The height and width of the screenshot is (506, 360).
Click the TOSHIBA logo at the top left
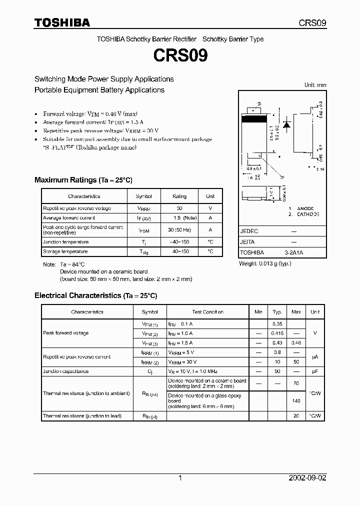point(62,22)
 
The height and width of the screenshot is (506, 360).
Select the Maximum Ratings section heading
point(83,180)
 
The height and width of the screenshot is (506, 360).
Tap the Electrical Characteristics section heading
point(95,295)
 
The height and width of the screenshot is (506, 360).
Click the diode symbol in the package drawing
point(286,124)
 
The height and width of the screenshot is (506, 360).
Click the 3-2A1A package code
point(293,252)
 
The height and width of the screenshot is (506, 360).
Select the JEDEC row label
point(249,231)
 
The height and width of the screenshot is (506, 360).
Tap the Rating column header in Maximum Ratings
point(179,196)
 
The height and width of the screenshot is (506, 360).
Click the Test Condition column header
point(207,312)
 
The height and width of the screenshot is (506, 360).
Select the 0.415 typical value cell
point(277,333)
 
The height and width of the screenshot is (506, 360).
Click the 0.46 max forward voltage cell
point(296,343)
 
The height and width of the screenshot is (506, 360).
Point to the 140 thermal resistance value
point(296,401)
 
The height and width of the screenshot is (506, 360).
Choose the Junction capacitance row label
point(66,371)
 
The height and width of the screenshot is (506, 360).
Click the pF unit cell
point(315,371)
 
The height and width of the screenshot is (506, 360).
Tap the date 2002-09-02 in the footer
point(307,478)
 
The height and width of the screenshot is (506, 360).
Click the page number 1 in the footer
point(180,478)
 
